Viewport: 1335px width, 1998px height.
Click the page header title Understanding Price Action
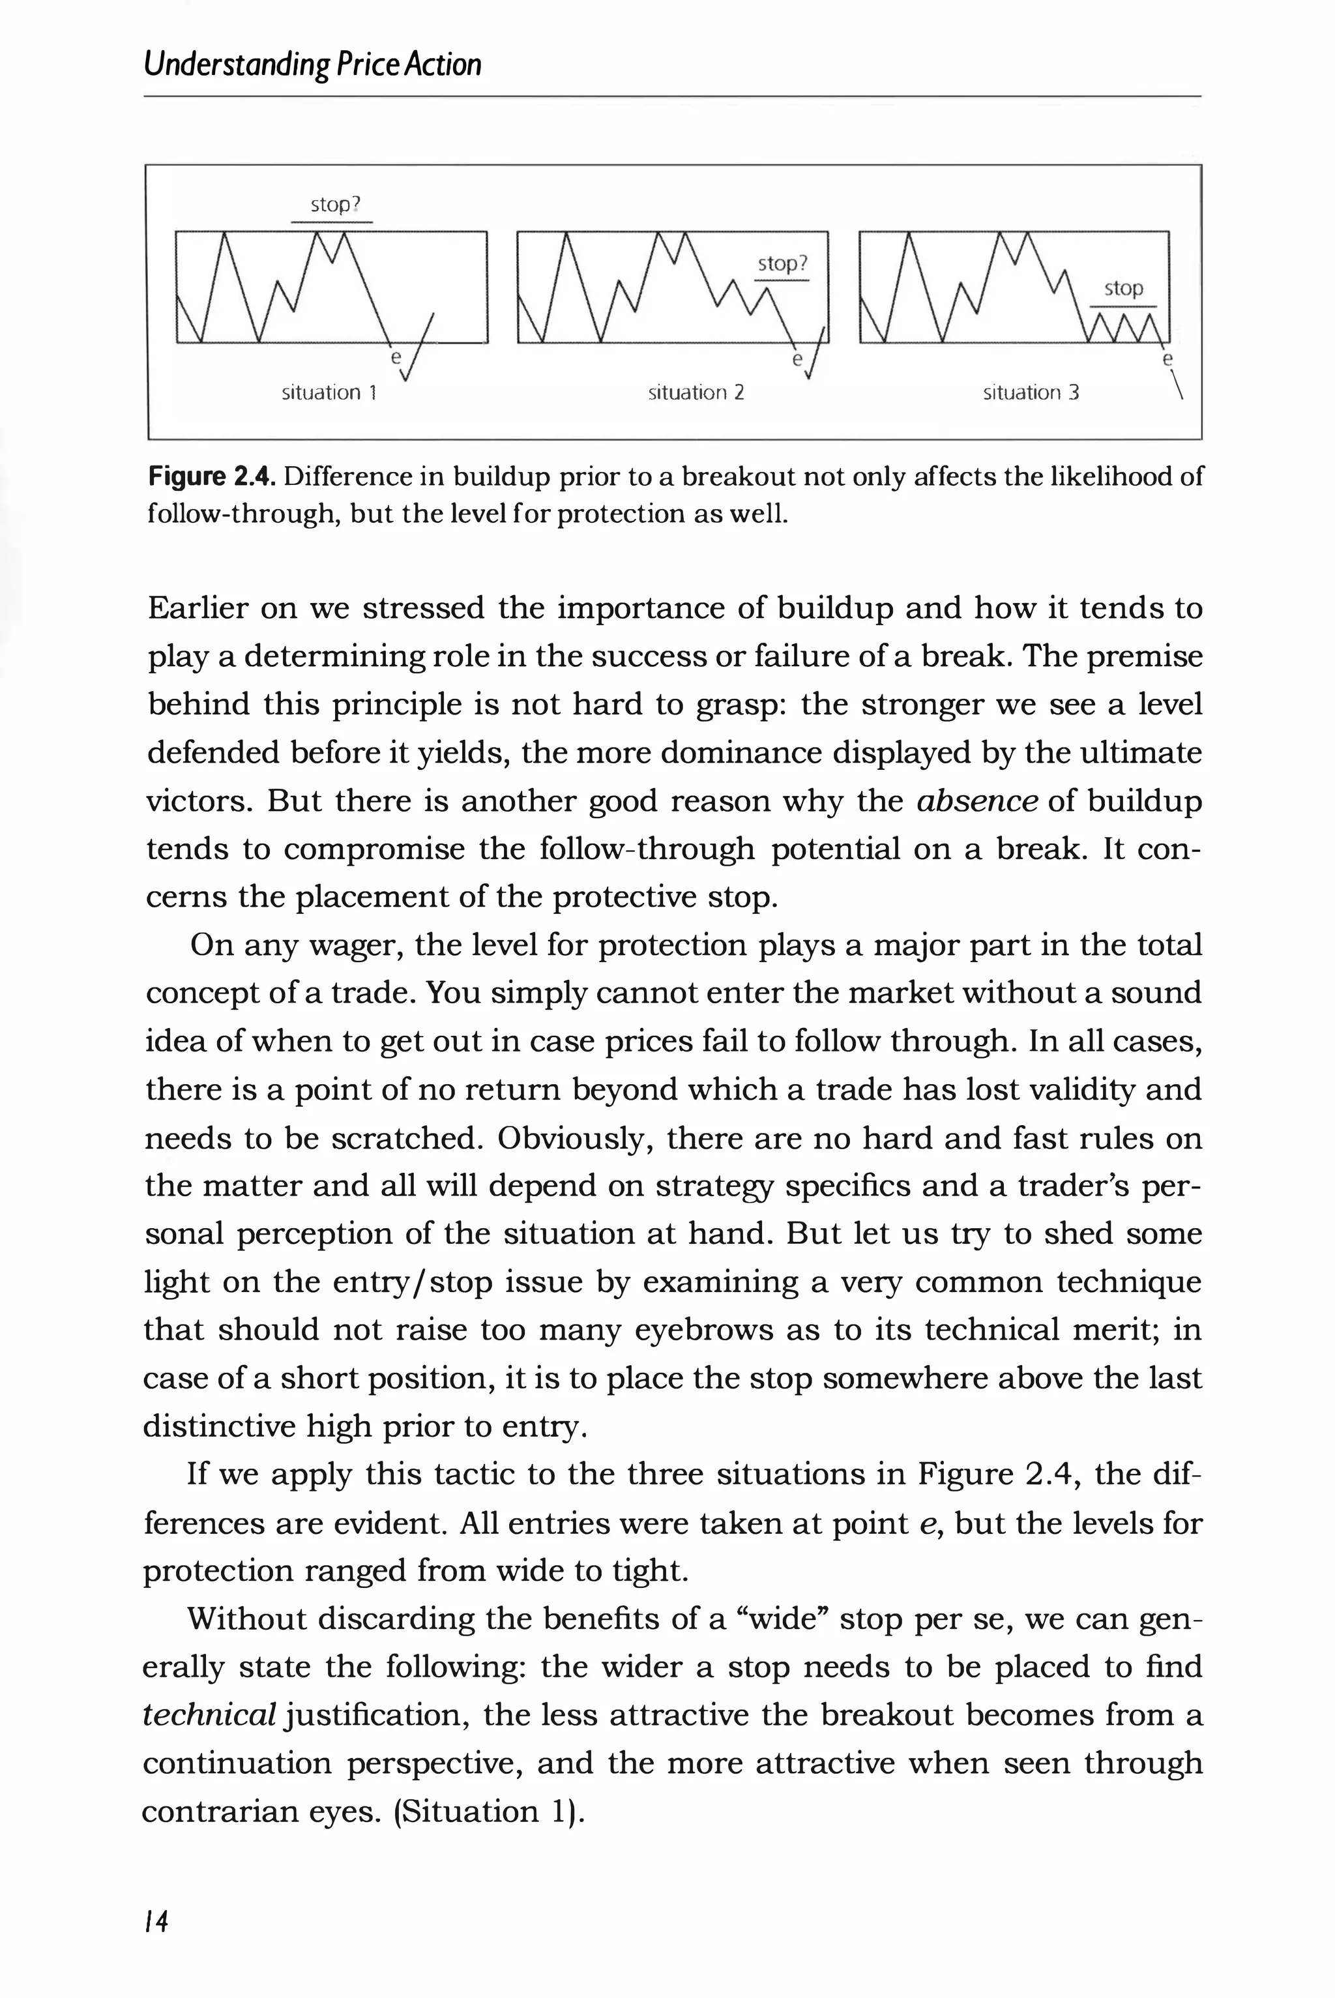tap(312, 65)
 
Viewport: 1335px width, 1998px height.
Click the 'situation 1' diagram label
tap(329, 392)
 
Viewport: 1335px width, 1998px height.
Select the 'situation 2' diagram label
tap(696, 392)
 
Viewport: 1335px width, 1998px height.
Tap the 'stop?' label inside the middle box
tap(782, 264)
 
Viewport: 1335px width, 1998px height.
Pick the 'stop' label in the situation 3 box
tap(1123, 289)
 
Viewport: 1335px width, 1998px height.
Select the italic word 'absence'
tap(976, 801)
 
